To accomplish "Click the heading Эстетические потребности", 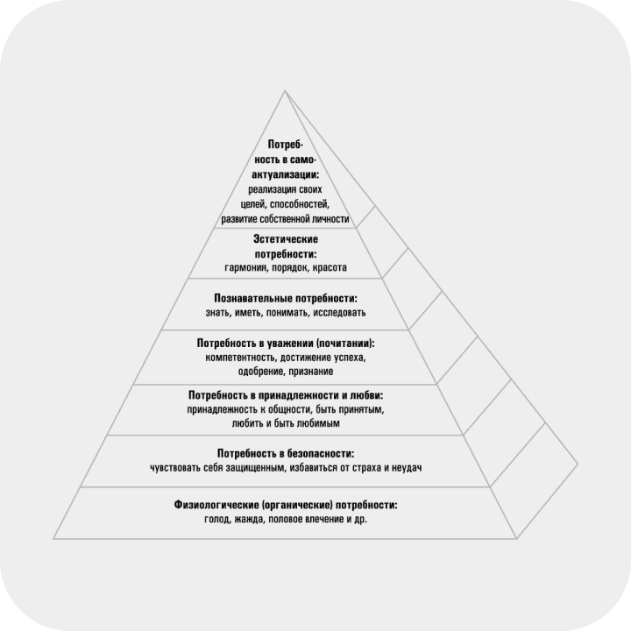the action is (286, 246).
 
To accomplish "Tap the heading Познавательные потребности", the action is (286, 299).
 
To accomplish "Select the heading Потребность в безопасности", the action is (286, 454).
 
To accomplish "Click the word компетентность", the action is (241, 358).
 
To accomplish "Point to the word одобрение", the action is (261, 371).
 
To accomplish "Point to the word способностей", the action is (300, 204).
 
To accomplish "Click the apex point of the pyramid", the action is (285, 90).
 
